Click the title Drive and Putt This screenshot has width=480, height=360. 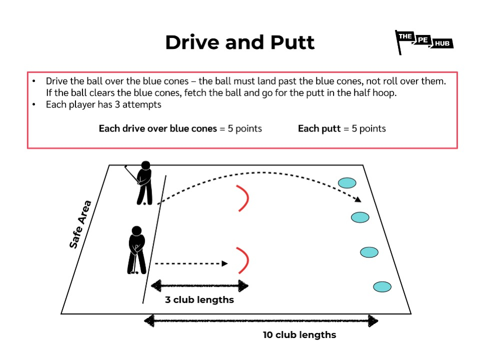click(240, 42)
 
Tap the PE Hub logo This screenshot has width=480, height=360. click(424, 42)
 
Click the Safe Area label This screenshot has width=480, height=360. click(81, 224)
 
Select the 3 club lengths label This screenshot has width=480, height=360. click(199, 300)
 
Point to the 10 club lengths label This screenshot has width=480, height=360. click(299, 335)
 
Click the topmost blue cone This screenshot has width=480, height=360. click(346, 183)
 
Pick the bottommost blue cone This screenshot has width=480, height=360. click(382, 287)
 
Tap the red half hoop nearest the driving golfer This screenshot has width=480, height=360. click(243, 198)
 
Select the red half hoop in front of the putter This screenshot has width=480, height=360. click(243, 260)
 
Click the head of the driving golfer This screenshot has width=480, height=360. click(145, 165)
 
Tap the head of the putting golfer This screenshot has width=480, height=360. click(136, 231)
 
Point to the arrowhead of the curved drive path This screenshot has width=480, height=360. click(358, 199)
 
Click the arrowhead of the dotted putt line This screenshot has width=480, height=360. click(225, 263)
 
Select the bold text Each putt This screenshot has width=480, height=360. click(318, 129)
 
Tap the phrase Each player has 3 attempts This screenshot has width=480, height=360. click(103, 105)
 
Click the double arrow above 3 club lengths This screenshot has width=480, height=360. click(199, 286)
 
